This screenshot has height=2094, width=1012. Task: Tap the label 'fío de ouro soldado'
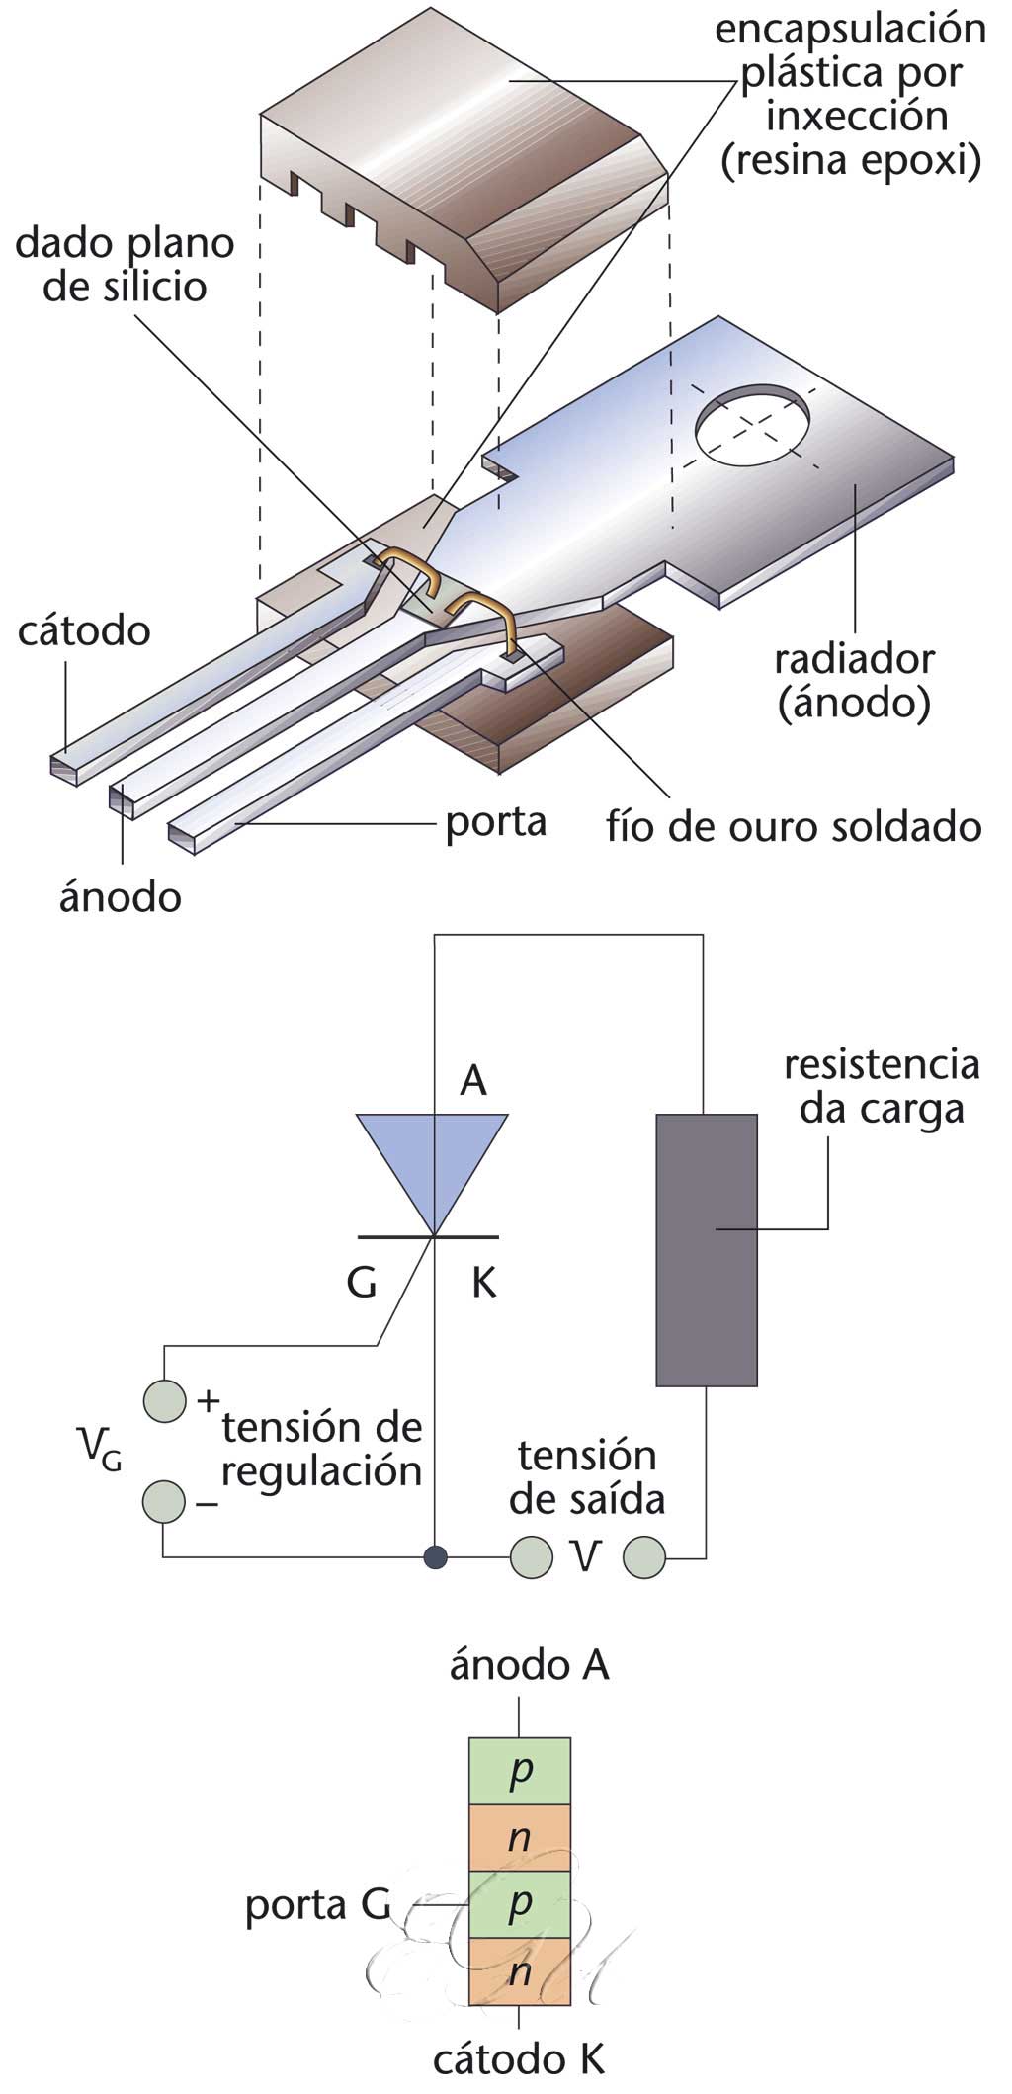tap(794, 826)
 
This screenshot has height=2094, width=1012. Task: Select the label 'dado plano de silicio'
tap(125, 265)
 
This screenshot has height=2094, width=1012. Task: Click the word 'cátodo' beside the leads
tap(84, 630)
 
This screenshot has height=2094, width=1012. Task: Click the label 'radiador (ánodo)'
tap(854, 682)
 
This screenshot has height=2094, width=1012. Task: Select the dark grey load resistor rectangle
tap(707, 1250)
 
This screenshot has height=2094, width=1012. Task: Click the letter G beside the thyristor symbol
tap(362, 1283)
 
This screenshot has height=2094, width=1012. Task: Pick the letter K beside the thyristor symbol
tap(483, 1283)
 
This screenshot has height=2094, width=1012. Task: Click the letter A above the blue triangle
tap(473, 1081)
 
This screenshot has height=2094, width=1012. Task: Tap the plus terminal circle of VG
tap(165, 1400)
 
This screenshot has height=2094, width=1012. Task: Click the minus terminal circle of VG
tap(164, 1501)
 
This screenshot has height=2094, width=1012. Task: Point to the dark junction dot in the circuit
tap(435, 1558)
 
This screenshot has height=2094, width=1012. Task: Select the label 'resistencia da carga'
tap(882, 1087)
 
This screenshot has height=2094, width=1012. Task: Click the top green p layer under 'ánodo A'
tap(519, 1772)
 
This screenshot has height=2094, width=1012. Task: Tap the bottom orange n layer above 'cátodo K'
tap(519, 1971)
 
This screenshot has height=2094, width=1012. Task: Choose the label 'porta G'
tap(318, 1906)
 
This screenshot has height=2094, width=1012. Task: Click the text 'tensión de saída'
tap(587, 1477)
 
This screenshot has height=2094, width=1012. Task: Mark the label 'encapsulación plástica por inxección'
tap(850, 95)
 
